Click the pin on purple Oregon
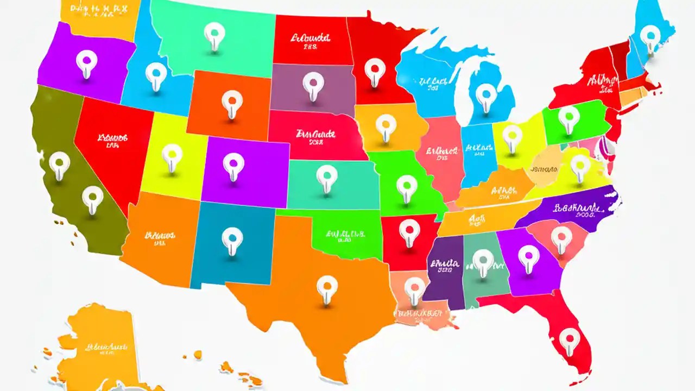tap(85, 61)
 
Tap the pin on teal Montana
tap(214, 34)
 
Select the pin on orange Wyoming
tap(232, 101)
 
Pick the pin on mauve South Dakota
tap(313, 84)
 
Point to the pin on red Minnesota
tap(374, 70)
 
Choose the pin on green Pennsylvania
tap(568, 116)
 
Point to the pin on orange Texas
tap(327, 286)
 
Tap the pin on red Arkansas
tap(409, 229)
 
